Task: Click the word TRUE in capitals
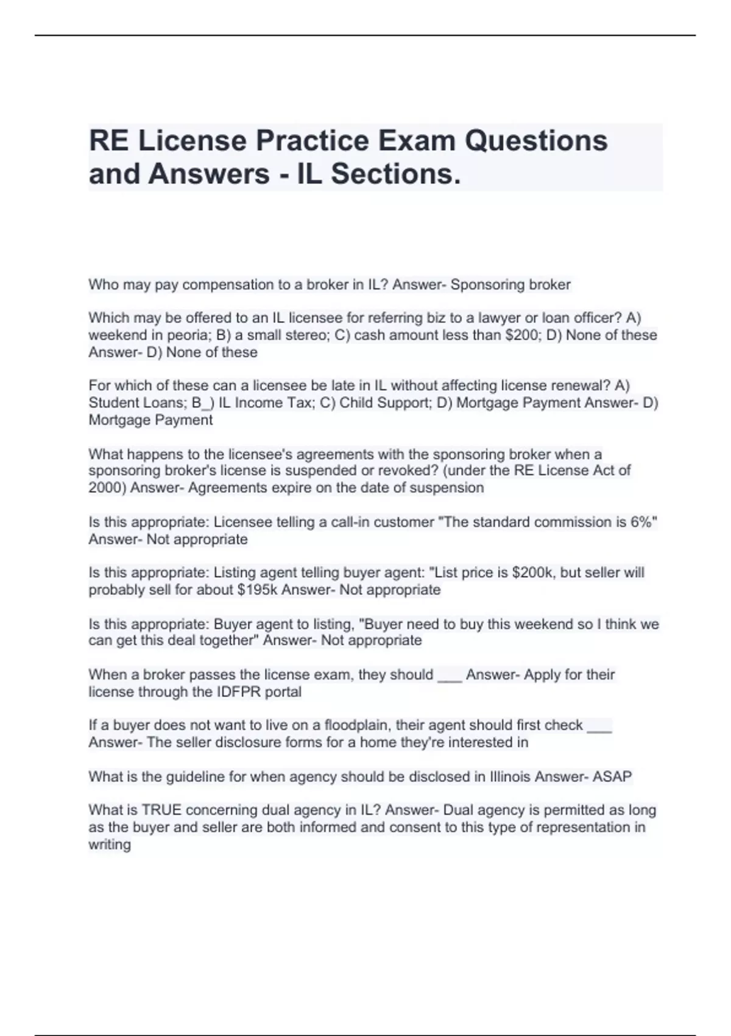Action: tap(161, 811)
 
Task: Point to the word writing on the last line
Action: tap(110, 845)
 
